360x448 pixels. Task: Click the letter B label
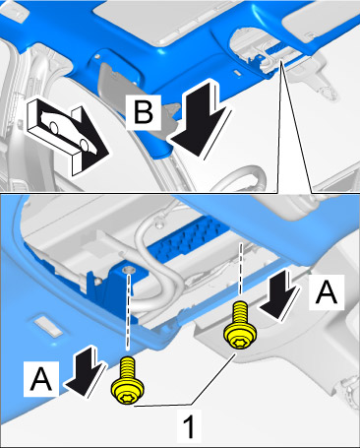point(144,111)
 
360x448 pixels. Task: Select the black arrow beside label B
point(200,120)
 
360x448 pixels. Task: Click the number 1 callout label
point(189,427)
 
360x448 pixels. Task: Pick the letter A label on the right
point(327,292)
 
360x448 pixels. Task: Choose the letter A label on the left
point(41,379)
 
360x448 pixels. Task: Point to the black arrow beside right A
point(279,294)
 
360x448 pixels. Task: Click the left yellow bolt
point(128,381)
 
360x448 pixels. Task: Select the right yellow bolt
point(240,326)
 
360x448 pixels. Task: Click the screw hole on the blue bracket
point(129,270)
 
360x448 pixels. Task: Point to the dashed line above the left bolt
point(129,311)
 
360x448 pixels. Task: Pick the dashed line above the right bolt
point(241,268)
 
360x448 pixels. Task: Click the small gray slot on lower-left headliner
point(48,325)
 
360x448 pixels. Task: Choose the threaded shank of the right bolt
point(240,312)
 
